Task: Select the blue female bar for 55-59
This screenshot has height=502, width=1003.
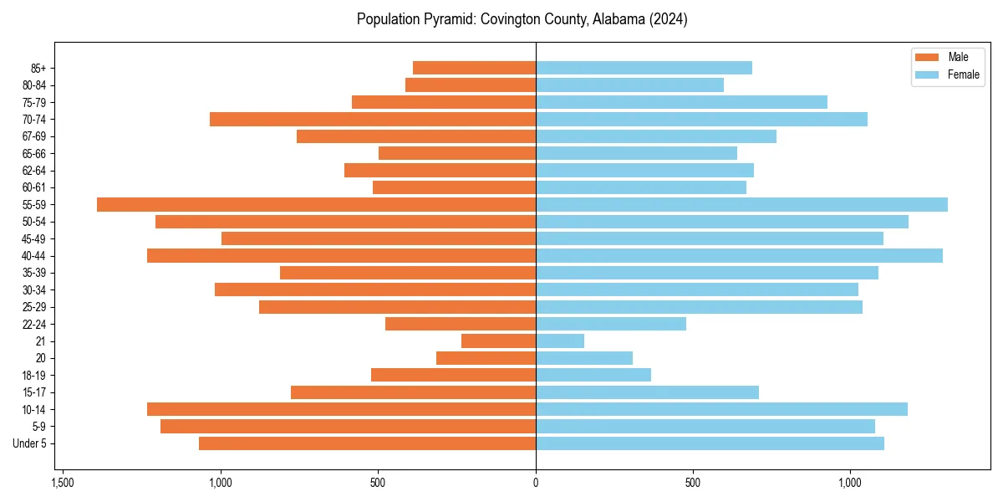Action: coord(741,205)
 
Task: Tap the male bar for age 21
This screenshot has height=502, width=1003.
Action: coord(498,341)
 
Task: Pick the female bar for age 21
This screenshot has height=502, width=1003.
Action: coord(560,341)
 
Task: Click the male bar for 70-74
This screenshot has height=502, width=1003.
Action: coord(373,120)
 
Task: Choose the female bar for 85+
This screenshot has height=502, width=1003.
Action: coord(644,68)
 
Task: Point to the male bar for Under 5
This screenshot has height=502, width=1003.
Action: coord(367,443)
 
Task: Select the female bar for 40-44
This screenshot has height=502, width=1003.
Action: coord(739,256)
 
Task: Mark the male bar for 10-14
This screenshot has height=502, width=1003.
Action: coord(341,409)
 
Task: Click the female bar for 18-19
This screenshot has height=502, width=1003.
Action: coord(593,375)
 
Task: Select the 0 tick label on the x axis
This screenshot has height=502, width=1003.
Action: coord(536,483)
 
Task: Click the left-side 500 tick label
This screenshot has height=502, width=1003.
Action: coord(378,483)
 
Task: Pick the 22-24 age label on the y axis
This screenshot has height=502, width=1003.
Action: coord(34,325)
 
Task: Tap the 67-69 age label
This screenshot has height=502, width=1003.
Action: coord(34,136)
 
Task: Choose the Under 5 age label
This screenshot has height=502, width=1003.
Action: coord(30,443)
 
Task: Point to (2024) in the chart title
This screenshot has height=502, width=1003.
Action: coord(669,19)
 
